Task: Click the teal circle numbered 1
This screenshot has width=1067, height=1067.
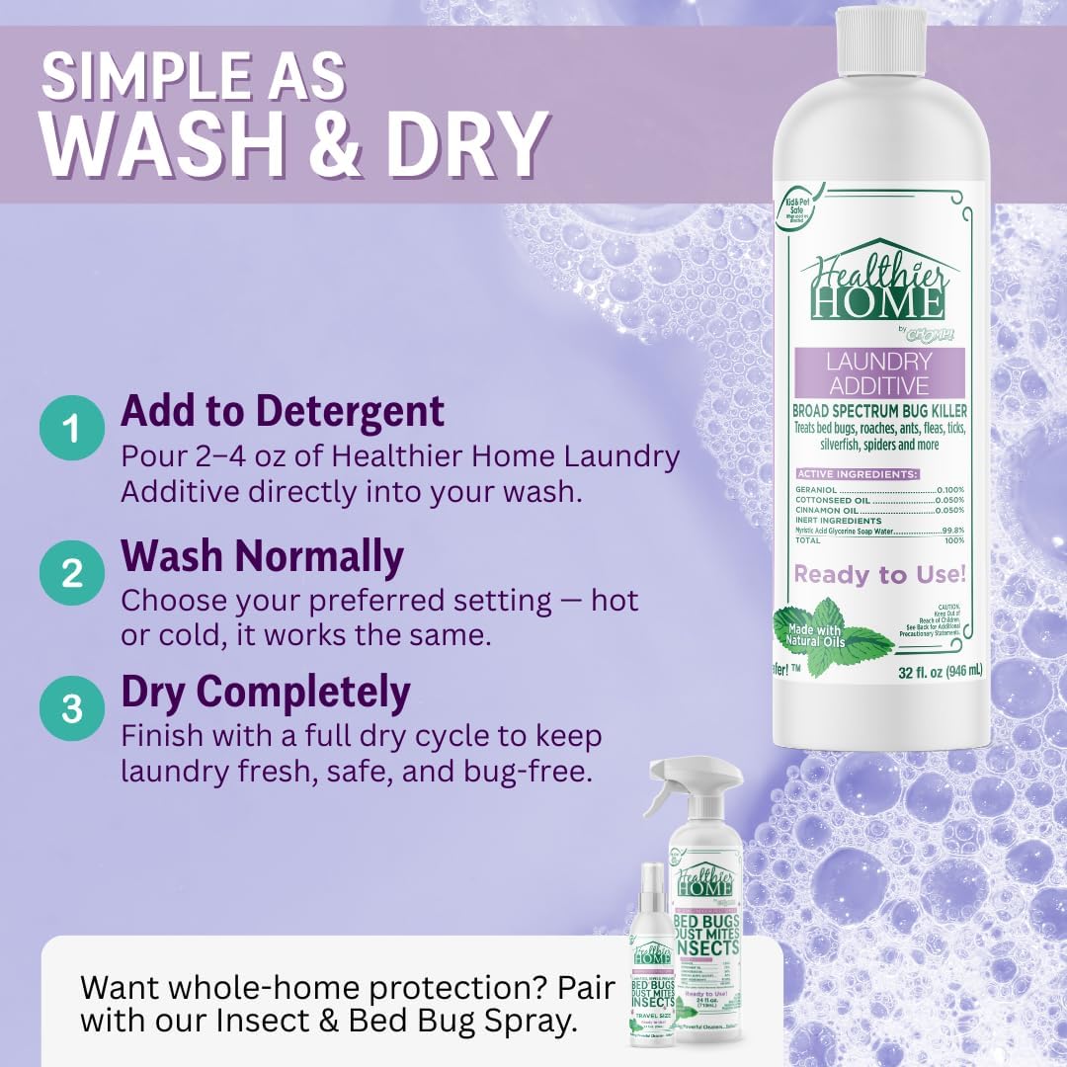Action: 72,429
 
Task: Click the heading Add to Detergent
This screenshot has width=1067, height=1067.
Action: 283,411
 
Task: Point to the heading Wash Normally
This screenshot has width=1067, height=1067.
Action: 262,557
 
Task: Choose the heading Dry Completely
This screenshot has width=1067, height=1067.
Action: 265,694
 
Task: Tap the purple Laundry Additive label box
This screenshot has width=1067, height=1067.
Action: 878,373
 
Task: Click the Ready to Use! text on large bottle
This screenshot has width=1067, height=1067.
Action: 879,574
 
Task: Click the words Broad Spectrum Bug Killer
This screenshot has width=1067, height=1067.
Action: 878,410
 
